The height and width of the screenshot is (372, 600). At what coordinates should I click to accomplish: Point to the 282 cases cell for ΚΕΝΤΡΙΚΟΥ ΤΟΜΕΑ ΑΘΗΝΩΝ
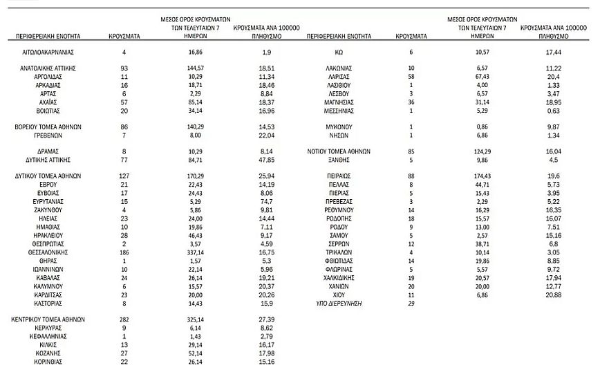(124, 320)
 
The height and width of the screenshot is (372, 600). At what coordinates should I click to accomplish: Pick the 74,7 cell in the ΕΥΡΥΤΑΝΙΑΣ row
(268, 201)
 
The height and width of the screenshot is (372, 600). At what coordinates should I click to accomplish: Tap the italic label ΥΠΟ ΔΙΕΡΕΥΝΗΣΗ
(339, 303)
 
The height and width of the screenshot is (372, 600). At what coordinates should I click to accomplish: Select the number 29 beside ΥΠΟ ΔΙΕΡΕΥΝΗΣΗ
(411, 303)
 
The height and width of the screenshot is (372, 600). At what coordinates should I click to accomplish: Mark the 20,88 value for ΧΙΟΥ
(553, 295)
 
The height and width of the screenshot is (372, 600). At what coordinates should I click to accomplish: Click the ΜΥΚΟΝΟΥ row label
(339, 127)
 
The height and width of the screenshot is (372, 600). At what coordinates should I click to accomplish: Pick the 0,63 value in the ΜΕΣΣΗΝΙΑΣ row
(553, 110)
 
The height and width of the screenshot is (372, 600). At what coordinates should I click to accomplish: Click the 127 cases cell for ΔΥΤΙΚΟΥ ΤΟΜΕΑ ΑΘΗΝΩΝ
(124, 176)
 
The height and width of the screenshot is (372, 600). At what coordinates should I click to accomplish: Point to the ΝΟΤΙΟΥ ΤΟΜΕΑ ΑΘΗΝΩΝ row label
(339, 151)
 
